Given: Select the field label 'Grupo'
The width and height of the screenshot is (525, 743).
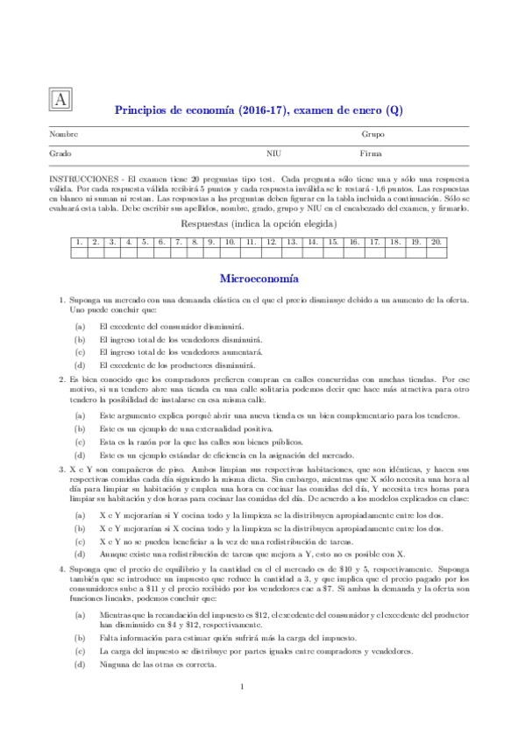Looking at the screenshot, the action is [x=373, y=135].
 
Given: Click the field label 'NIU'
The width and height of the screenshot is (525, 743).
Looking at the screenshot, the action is [x=273, y=153].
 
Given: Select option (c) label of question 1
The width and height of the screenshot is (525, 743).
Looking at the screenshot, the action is [x=80, y=350].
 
